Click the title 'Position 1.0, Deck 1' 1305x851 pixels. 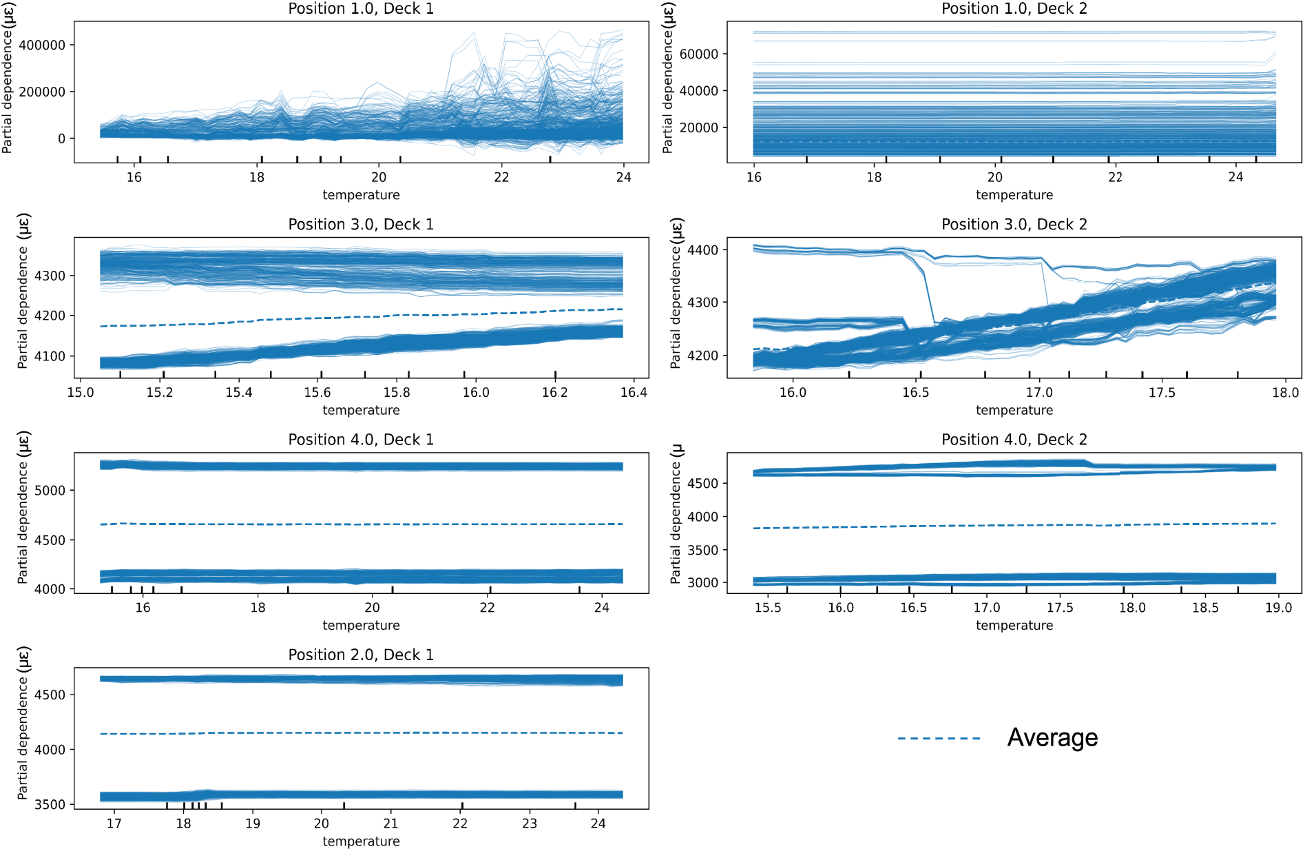pyautogui.click(x=361, y=9)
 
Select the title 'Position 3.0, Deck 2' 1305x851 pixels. pyautogui.click(x=1014, y=225)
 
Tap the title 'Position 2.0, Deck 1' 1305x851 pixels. pyautogui.click(x=361, y=655)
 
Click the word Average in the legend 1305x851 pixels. pyautogui.click(x=1052, y=738)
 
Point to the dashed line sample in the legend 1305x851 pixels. pyautogui.click(x=939, y=739)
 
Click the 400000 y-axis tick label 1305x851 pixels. pyautogui.click(x=42, y=45)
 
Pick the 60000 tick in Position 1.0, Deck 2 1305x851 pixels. pyautogui.click(x=698, y=54)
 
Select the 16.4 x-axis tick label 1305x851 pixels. pyautogui.click(x=634, y=393)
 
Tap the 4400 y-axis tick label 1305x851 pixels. pyautogui.click(x=703, y=251)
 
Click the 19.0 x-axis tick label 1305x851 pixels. pyautogui.click(x=1278, y=608)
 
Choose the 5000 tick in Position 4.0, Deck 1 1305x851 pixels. pyautogui.click(x=50, y=491)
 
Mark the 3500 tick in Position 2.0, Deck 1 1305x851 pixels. pyautogui.click(x=50, y=805)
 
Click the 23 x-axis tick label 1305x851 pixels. pyautogui.click(x=529, y=823)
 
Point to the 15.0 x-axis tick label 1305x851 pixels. pyautogui.click(x=80, y=393)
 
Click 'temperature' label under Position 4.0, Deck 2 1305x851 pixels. pyautogui.click(x=1014, y=626)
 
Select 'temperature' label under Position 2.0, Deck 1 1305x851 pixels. pyautogui.click(x=361, y=841)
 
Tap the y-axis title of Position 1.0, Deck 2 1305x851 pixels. pyautogui.click(x=667, y=78)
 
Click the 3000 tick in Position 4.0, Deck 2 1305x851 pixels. pyautogui.click(x=703, y=583)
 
